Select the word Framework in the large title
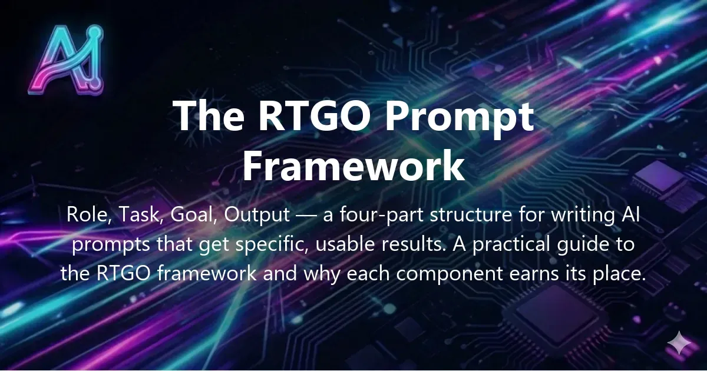(353, 166)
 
